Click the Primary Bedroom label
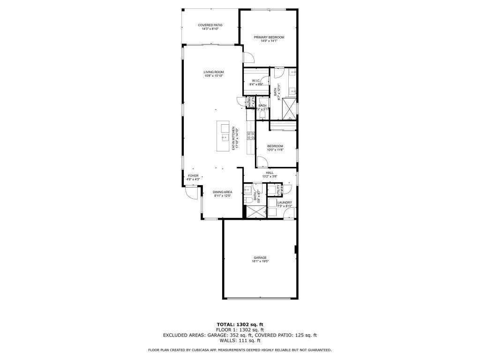coord(269,37)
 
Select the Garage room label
coord(260,257)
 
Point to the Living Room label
coord(213,72)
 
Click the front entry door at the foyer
coord(191,193)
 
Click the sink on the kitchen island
coord(225,137)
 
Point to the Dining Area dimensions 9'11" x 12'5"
coord(223,196)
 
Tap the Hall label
coord(270,172)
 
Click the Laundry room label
coord(285,202)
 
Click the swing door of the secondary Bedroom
coord(262,162)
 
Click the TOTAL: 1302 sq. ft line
coord(240,324)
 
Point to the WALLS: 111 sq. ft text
coord(240,341)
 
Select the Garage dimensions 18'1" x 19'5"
coord(260,262)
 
